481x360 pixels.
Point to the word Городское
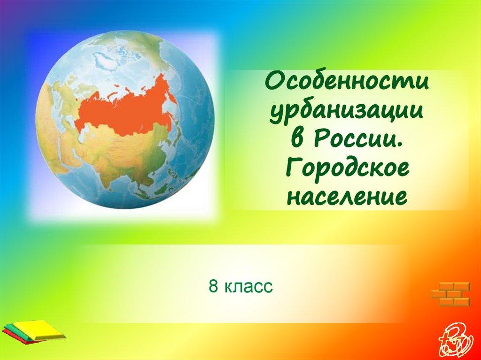tap(347, 168)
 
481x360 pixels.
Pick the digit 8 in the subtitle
tap(213, 286)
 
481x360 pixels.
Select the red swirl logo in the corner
tap(453, 337)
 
